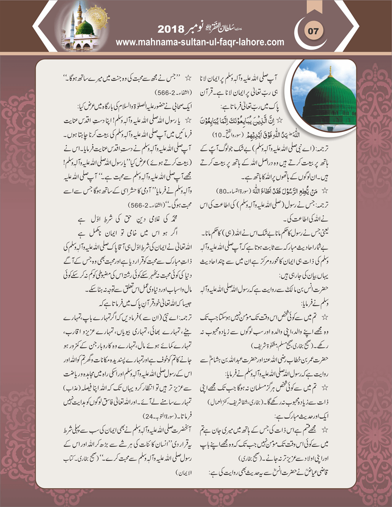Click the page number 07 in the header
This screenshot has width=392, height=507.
point(313,31)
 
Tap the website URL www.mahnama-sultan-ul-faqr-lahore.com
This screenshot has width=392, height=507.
point(200,42)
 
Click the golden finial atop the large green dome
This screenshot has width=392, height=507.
point(330,71)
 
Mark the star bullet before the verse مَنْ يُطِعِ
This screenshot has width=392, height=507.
point(325,190)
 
